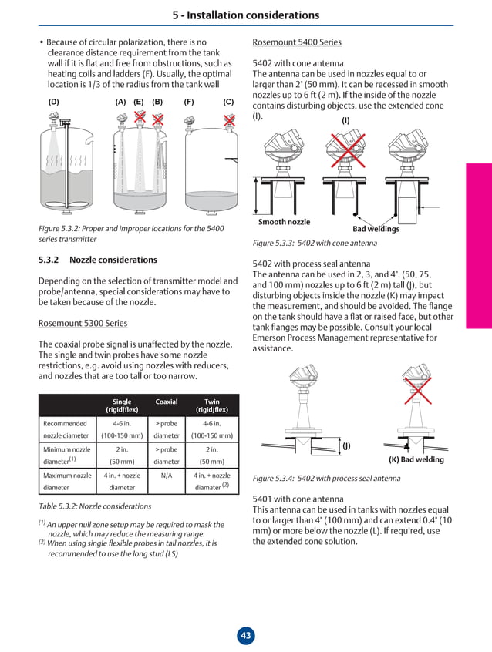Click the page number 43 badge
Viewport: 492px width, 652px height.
(x=246, y=636)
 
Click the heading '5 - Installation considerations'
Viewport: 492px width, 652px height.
(x=246, y=15)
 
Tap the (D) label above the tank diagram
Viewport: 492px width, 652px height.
(x=53, y=102)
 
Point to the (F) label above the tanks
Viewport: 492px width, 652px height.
(x=188, y=102)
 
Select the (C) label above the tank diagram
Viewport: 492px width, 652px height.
(x=228, y=102)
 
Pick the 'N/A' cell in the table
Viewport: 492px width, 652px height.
(x=167, y=476)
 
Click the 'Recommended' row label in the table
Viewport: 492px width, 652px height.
(x=65, y=423)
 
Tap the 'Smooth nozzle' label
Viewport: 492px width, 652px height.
(x=284, y=222)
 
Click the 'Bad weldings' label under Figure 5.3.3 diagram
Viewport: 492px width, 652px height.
(x=376, y=229)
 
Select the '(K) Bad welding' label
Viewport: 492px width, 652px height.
(x=416, y=460)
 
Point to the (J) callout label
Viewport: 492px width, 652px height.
(x=346, y=445)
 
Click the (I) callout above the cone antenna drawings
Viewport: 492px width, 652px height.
(x=345, y=120)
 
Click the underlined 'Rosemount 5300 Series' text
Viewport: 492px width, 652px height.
(x=83, y=323)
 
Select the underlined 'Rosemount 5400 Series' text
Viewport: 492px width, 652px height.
(x=297, y=42)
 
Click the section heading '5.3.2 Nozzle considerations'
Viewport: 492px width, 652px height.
(x=98, y=260)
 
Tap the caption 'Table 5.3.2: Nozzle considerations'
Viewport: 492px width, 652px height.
(x=95, y=506)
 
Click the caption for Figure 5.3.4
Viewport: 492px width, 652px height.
(x=326, y=478)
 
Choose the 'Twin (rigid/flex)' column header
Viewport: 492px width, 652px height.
(x=211, y=405)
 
